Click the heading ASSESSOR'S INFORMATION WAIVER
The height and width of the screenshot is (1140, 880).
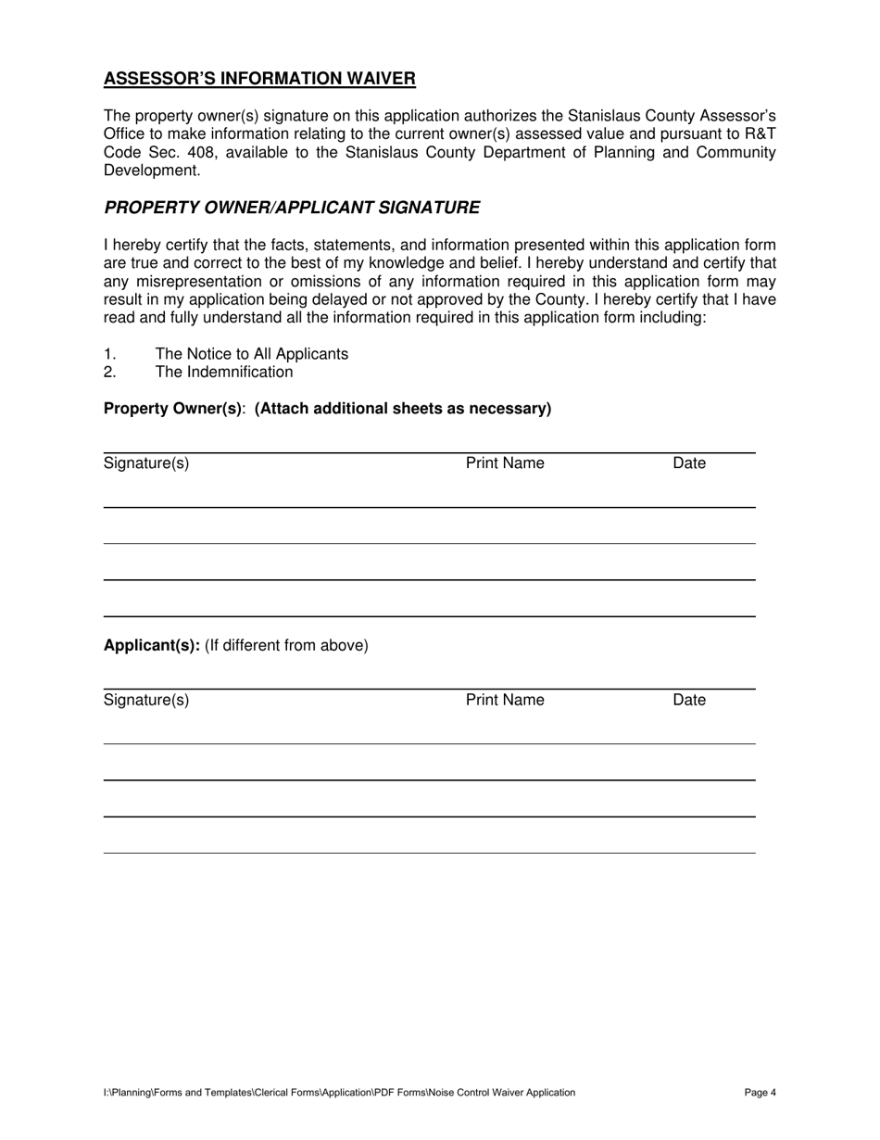click(x=259, y=79)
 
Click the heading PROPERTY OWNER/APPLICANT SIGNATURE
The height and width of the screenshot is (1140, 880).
click(x=292, y=208)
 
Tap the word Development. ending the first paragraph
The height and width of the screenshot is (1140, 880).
click(x=152, y=171)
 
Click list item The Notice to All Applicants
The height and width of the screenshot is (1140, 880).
click(x=251, y=354)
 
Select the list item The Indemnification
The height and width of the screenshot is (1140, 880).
click(x=223, y=373)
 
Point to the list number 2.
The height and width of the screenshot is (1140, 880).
click(x=109, y=373)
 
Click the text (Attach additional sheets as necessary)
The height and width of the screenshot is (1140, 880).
click(x=403, y=409)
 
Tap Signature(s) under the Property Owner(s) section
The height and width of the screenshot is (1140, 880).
click(x=146, y=463)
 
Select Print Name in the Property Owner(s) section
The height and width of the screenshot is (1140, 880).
click(x=505, y=463)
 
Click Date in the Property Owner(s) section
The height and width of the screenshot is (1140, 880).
click(x=689, y=463)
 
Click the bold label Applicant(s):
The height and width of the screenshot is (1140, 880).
click(x=151, y=645)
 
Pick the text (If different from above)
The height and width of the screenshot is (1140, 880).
click(x=286, y=645)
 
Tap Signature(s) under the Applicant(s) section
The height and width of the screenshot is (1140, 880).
click(x=146, y=700)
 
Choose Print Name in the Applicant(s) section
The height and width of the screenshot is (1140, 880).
click(x=505, y=700)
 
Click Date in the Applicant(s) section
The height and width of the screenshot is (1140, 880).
click(x=689, y=700)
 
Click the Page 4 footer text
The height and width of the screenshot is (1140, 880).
click(x=760, y=1093)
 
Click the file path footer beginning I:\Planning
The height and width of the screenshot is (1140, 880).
click(x=339, y=1093)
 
